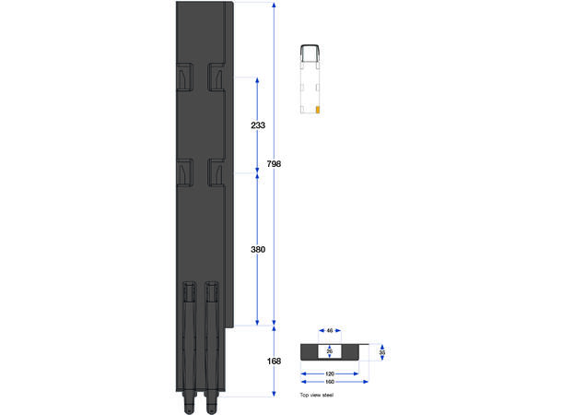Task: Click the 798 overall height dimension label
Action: click(274, 164)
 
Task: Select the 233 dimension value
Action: click(258, 125)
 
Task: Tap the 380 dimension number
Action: click(258, 249)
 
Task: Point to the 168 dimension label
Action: click(274, 361)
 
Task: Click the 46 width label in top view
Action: click(330, 330)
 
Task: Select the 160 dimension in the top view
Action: click(330, 383)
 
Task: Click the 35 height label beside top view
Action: click(381, 352)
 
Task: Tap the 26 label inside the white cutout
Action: click(330, 351)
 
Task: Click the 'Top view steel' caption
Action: click(317, 395)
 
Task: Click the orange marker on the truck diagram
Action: click(317, 109)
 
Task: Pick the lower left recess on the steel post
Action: click(184, 171)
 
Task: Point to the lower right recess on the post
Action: click(217, 171)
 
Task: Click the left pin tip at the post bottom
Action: click(188, 406)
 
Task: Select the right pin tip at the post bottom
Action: click(211, 406)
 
